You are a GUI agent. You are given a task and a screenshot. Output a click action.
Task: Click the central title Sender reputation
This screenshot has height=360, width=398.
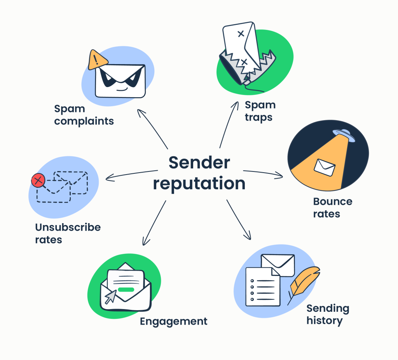(199, 173)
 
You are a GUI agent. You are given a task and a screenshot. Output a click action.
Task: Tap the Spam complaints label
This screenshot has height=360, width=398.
(84, 115)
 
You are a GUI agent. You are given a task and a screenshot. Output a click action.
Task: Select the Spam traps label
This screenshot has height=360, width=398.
(260, 111)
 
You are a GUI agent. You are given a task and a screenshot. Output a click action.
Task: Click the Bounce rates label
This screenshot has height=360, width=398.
(332, 208)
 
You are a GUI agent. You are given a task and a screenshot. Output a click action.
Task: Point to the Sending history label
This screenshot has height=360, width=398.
(328, 315)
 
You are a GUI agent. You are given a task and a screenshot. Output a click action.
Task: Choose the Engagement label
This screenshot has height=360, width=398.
(173, 322)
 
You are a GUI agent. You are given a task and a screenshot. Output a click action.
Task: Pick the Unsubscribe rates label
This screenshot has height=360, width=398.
(68, 233)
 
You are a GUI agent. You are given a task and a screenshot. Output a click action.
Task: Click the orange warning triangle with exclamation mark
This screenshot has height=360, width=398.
(98, 60)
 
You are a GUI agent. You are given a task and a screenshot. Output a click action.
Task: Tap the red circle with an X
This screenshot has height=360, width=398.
(38, 180)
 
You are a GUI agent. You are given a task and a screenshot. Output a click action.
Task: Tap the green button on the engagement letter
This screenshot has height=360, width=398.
(126, 289)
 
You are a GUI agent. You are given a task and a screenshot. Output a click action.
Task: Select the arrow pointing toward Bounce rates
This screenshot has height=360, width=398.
(264, 174)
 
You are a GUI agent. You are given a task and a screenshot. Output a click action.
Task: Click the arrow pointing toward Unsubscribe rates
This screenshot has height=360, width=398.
(131, 175)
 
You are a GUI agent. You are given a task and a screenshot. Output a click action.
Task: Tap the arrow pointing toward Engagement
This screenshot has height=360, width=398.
(153, 224)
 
